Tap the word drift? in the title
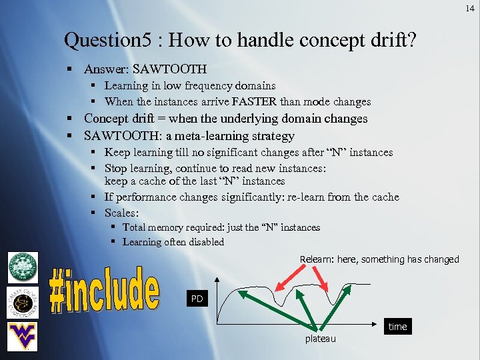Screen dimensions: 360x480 click(393, 41)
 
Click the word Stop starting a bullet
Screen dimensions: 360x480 click(116, 168)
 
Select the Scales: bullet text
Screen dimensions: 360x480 click(122, 213)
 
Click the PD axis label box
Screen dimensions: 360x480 click(197, 299)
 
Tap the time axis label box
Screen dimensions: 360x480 click(397, 327)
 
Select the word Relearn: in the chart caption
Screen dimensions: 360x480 click(319, 259)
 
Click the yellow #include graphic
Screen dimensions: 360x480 click(105, 291)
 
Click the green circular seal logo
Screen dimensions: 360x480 click(23, 268)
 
